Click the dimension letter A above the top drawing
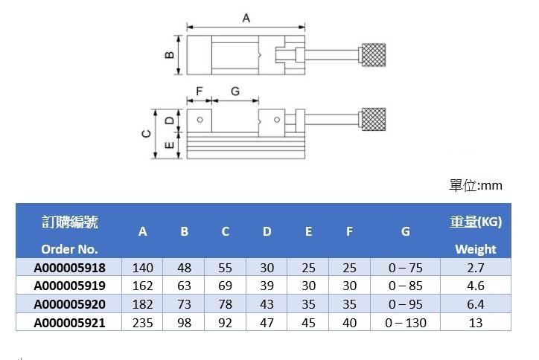[246, 17]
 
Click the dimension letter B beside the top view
[169, 55]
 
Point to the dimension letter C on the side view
[147, 134]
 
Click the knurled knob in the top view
[374, 54]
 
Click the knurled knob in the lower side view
[374, 120]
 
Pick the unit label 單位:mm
[476, 185]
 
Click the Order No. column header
[70, 249]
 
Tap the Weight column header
[475, 249]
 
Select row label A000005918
[70, 268]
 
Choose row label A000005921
[70, 322]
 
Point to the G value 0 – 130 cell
[405, 322]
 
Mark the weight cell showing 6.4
[475, 304]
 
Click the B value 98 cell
[184, 322]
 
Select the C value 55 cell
[225, 268]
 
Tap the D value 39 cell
[267, 286]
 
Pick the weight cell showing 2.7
[475, 268]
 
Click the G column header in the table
[405, 231]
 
